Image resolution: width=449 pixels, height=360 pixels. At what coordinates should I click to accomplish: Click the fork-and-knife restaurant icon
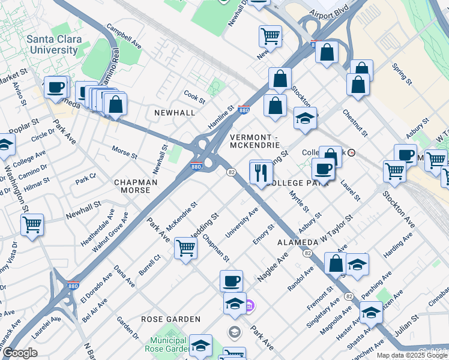point(261,173)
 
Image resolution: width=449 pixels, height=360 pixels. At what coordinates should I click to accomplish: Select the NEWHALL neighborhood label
point(174,113)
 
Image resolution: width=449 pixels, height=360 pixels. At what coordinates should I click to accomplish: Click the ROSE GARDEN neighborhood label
point(165,319)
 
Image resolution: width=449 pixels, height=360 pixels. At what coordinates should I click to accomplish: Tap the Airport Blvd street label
point(329,12)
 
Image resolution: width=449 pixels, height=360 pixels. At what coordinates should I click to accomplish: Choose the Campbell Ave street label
point(124,37)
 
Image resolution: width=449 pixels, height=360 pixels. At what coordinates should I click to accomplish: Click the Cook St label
point(194,95)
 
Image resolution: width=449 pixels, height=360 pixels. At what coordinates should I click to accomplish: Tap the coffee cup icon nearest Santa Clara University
point(56,88)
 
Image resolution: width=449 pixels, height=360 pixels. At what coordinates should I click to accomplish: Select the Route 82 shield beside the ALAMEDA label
point(307,254)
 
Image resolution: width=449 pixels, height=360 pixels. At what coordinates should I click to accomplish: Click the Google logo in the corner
point(20,353)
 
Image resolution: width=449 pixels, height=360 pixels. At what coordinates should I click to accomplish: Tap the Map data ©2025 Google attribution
point(411,355)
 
